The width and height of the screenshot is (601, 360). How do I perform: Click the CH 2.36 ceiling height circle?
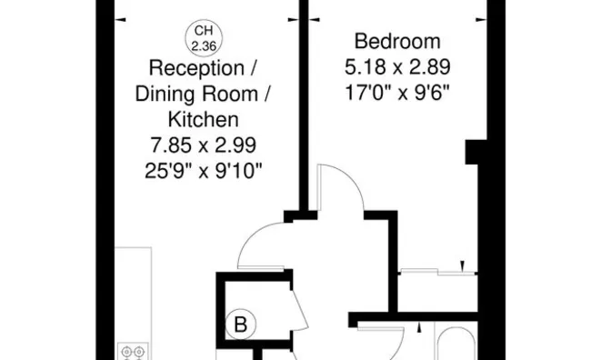point(204,38)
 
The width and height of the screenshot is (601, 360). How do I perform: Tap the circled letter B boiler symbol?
point(241,325)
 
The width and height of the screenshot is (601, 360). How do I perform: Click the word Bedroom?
point(397,42)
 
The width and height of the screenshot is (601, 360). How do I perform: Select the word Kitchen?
point(203,120)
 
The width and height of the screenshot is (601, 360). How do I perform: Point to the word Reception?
point(196,68)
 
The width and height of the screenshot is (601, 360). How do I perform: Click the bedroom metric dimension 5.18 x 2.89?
point(397,67)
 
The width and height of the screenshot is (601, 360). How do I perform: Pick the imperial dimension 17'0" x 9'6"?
point(397,93)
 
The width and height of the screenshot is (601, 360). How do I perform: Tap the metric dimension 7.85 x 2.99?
point(203,145)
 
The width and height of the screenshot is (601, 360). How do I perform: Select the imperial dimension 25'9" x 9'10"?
point(203,171)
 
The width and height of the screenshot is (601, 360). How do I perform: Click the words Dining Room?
point(196,94)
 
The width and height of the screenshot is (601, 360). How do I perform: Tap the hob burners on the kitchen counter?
point(133,352)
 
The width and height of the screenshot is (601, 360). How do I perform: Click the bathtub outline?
point(456,344)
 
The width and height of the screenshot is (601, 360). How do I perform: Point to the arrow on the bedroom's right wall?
point(481,20)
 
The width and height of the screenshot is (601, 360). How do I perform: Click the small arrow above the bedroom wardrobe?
point(462,265)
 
